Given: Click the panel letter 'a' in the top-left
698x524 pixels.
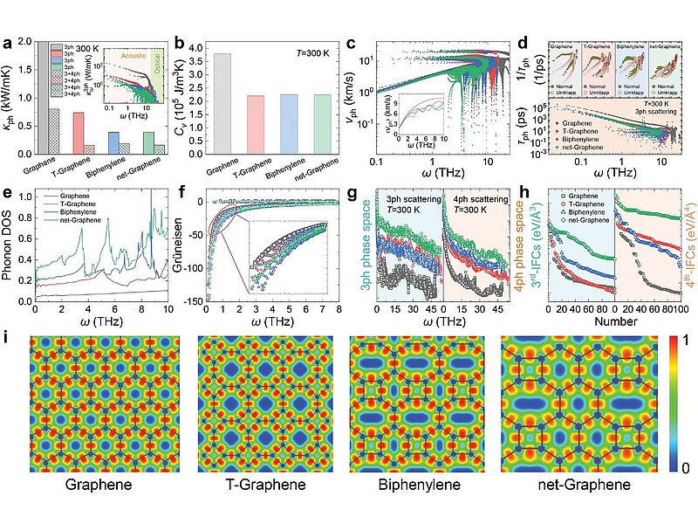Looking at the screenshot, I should pos(7,40).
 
